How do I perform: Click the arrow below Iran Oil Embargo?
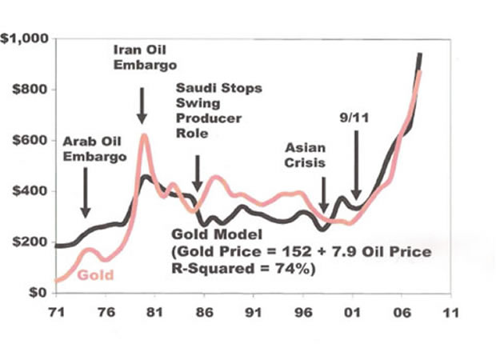click(x=142, y=106)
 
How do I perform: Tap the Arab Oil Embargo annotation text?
click(x=94, y=150)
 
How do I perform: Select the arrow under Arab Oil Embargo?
click(x=86, y=200)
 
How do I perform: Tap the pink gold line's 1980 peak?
click(x=144, y=135)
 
